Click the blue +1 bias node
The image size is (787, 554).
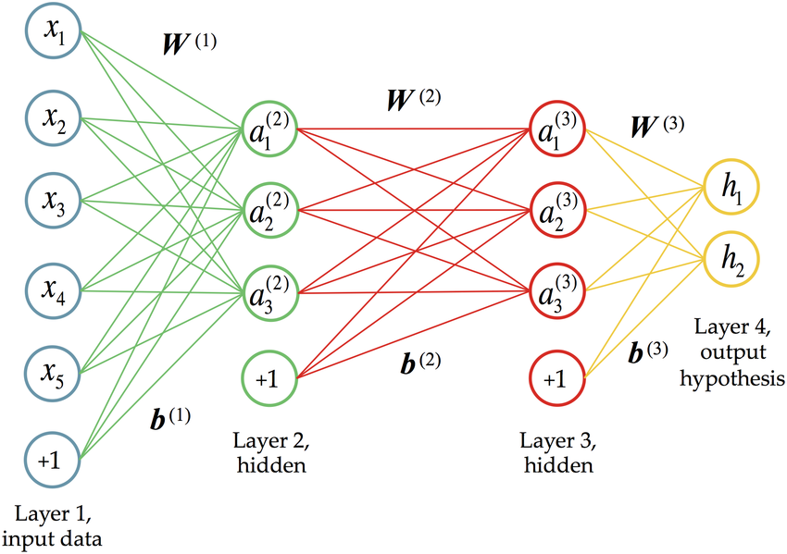point(54,457)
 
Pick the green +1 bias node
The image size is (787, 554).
point(269,377)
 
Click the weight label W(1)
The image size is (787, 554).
point(188,43)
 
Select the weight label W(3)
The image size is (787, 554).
point(656,126)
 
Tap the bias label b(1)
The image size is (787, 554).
point(169,418)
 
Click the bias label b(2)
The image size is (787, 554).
point(418,363)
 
